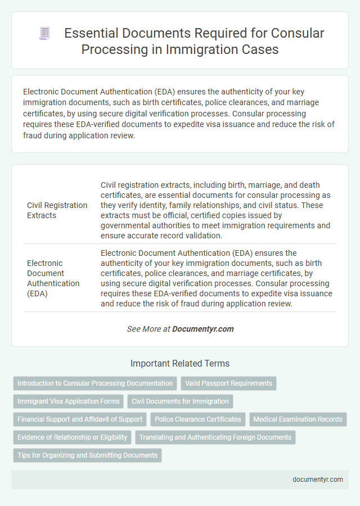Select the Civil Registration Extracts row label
tap(57, 210)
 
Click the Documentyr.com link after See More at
tap(203, 329)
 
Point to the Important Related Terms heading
tap(180, 363)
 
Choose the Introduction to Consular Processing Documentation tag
tap(95, 383)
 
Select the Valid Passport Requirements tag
tap(228, 383)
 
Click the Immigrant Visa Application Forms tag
tap(69, 401)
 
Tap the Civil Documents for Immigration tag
tap(181, 401)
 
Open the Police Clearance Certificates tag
tap(197, 419)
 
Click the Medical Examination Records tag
tap(298, 419)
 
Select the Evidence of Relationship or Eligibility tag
tap(73, 437)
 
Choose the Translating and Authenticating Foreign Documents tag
tap(215, 437)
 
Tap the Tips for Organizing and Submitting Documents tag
tap(87, 455)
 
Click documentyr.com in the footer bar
tap(317, 480)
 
